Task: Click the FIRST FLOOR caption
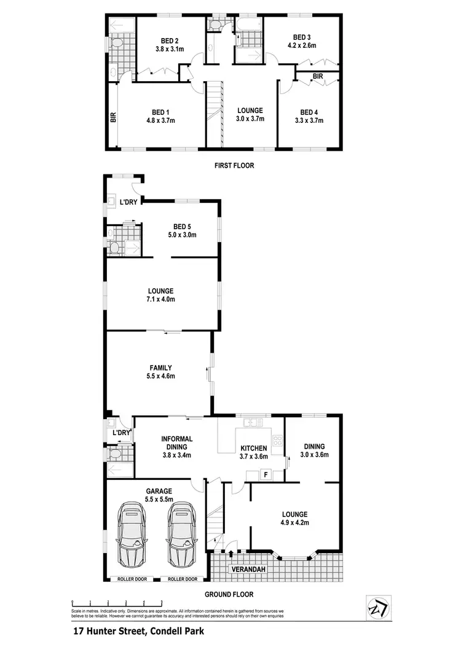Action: click(234, 165)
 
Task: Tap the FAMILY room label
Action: click(160, 368)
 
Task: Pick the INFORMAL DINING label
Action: click(177, 439)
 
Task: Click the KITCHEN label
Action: click(253, 448)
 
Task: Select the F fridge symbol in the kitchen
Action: click(266, 474)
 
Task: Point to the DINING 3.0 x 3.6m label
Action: click(313, 447)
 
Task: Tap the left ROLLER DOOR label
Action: click(127, 579)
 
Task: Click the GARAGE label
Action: click(158, 491)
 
